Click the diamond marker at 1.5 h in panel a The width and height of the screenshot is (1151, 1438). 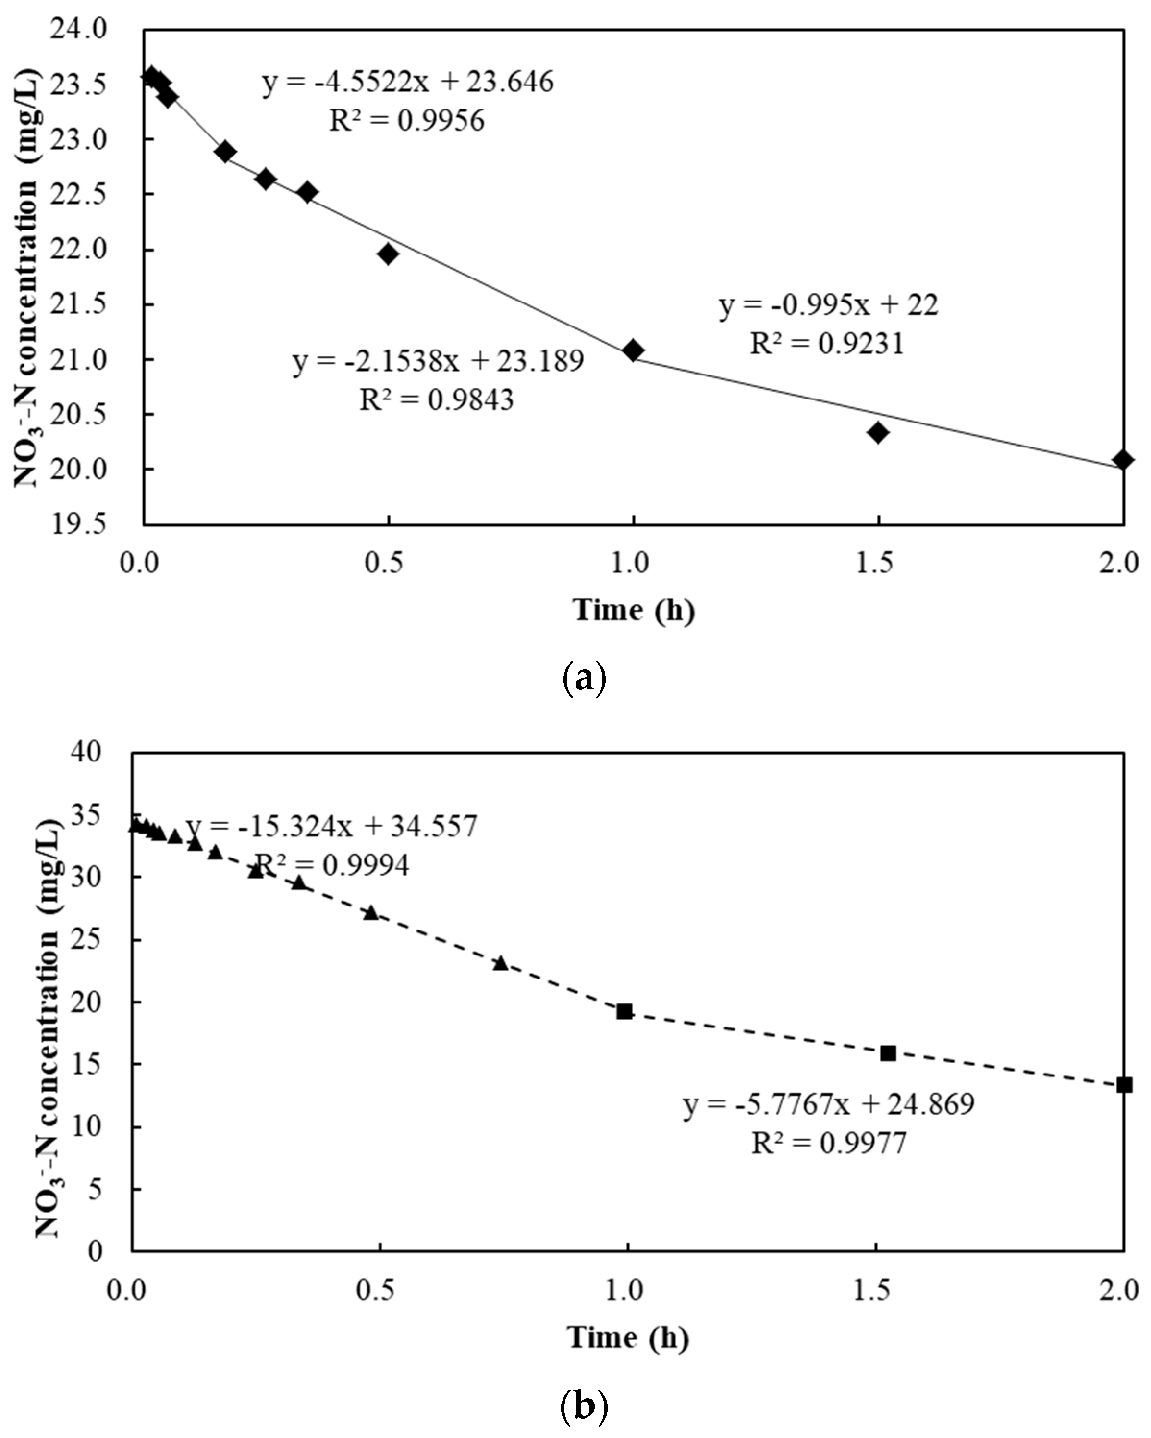(x=879, y=432)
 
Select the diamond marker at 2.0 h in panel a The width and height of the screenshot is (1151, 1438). (x=1124, y=459)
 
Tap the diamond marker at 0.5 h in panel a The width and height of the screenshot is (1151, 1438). (x=388, y=254)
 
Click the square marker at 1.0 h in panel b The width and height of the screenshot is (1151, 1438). (x=624, y=1011)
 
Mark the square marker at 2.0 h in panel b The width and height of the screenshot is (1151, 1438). (x=1124, y=1085)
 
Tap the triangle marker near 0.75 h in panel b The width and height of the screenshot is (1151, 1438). (x=501, y=963)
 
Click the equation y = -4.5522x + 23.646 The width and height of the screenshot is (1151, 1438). (x=408, y=83)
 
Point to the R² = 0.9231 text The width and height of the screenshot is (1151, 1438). (x=827, y=343)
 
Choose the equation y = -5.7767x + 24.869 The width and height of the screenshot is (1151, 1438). (x=829, y=1104)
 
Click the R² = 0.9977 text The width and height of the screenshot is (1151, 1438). (x=829, y=1143)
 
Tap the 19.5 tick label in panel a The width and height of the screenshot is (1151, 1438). (x=79, y=524)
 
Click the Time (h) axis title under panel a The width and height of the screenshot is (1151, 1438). (x=634, y=610)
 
